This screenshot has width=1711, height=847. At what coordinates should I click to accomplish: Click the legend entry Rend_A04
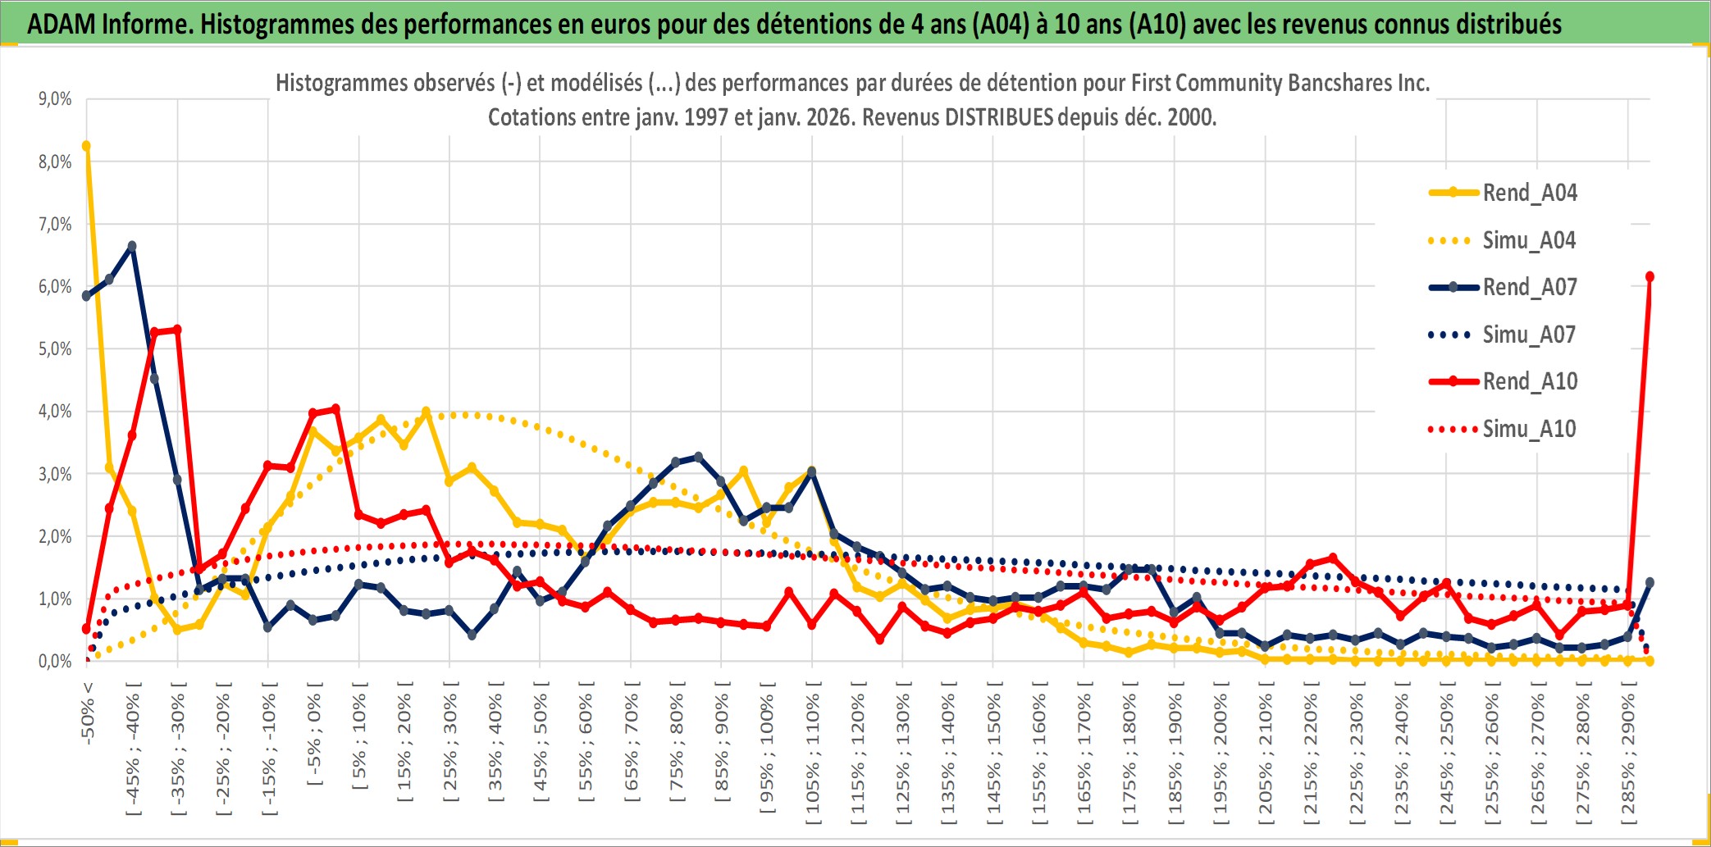[x=1529, y=193]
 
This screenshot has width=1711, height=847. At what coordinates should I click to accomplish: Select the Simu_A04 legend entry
[x=1529, y=240]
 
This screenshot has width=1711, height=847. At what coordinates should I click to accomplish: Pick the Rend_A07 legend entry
[x=1529, y=287]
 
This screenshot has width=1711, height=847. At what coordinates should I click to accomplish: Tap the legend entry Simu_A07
[x=1529, y=335]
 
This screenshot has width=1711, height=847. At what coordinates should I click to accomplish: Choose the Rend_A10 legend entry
[x=1529, y=381]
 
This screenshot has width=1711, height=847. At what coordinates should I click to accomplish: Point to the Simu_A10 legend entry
[x=1529, y=429]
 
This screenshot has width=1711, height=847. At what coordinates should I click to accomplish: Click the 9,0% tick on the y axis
[x=55, y=99]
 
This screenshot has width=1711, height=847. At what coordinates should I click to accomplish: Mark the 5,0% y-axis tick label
[x=55, y=349]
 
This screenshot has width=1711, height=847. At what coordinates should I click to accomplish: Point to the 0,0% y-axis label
[x=55, y=661]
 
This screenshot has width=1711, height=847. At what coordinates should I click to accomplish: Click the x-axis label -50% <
[x=88, y=713]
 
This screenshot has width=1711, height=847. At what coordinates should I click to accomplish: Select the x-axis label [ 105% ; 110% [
[x=812, y=754]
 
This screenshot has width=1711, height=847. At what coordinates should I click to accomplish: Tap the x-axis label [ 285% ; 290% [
[x=1627, y=754]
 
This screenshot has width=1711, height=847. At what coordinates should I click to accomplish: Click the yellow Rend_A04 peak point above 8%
[x=86, y=146]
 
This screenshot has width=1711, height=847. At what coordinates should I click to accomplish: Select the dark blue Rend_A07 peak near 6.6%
[x=132, y=246]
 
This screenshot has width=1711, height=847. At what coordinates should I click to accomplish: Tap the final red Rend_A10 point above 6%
[x=1649, y=276]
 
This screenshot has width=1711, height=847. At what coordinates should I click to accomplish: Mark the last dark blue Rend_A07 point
[x=1649, y=582]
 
